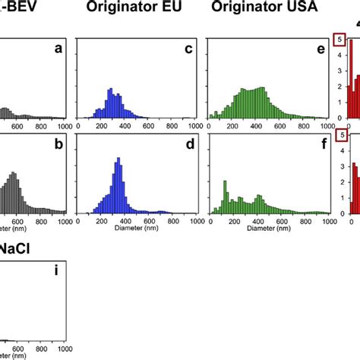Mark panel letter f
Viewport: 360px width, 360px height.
click(x=321, y=143)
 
